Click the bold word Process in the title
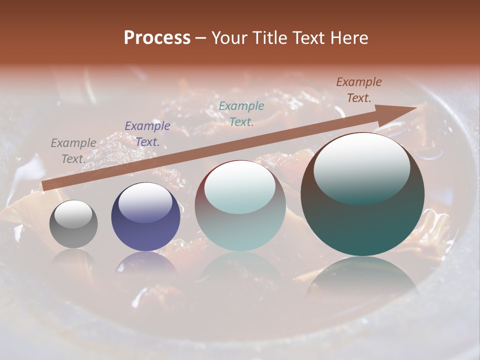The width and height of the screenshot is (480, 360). pos(157,38)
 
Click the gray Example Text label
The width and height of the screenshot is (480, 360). pos(73,150)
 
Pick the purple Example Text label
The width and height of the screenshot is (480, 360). pos(147,133)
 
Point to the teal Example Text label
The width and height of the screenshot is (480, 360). pos(241,113)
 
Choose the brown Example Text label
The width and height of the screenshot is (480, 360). pos(359,90)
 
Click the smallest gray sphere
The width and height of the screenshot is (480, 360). pos(73,224)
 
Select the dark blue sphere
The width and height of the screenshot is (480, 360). pos(145,217)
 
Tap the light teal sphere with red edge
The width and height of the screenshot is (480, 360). pos(240,206)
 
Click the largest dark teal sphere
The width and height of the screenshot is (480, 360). pos(362,194)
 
